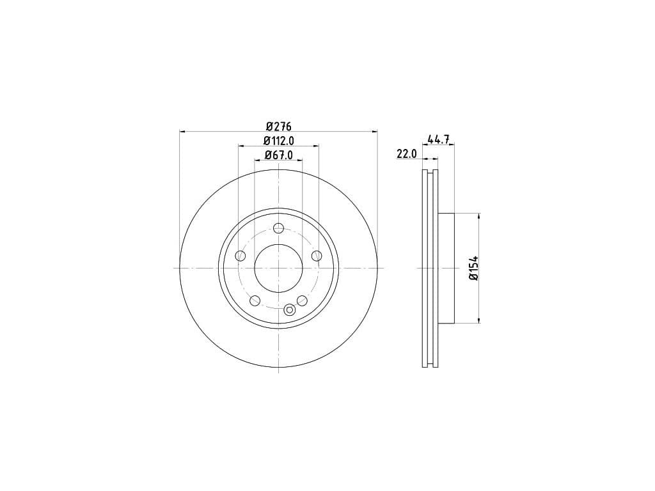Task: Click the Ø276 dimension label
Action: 278,126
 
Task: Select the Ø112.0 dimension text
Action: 279,141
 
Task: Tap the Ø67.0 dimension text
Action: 279,155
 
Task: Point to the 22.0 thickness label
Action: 406,153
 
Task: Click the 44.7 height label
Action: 439,139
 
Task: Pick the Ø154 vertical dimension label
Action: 473,268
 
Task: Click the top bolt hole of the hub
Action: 279,228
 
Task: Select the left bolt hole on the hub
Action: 241,256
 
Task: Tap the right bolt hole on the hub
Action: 317,256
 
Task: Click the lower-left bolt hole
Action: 255,300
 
